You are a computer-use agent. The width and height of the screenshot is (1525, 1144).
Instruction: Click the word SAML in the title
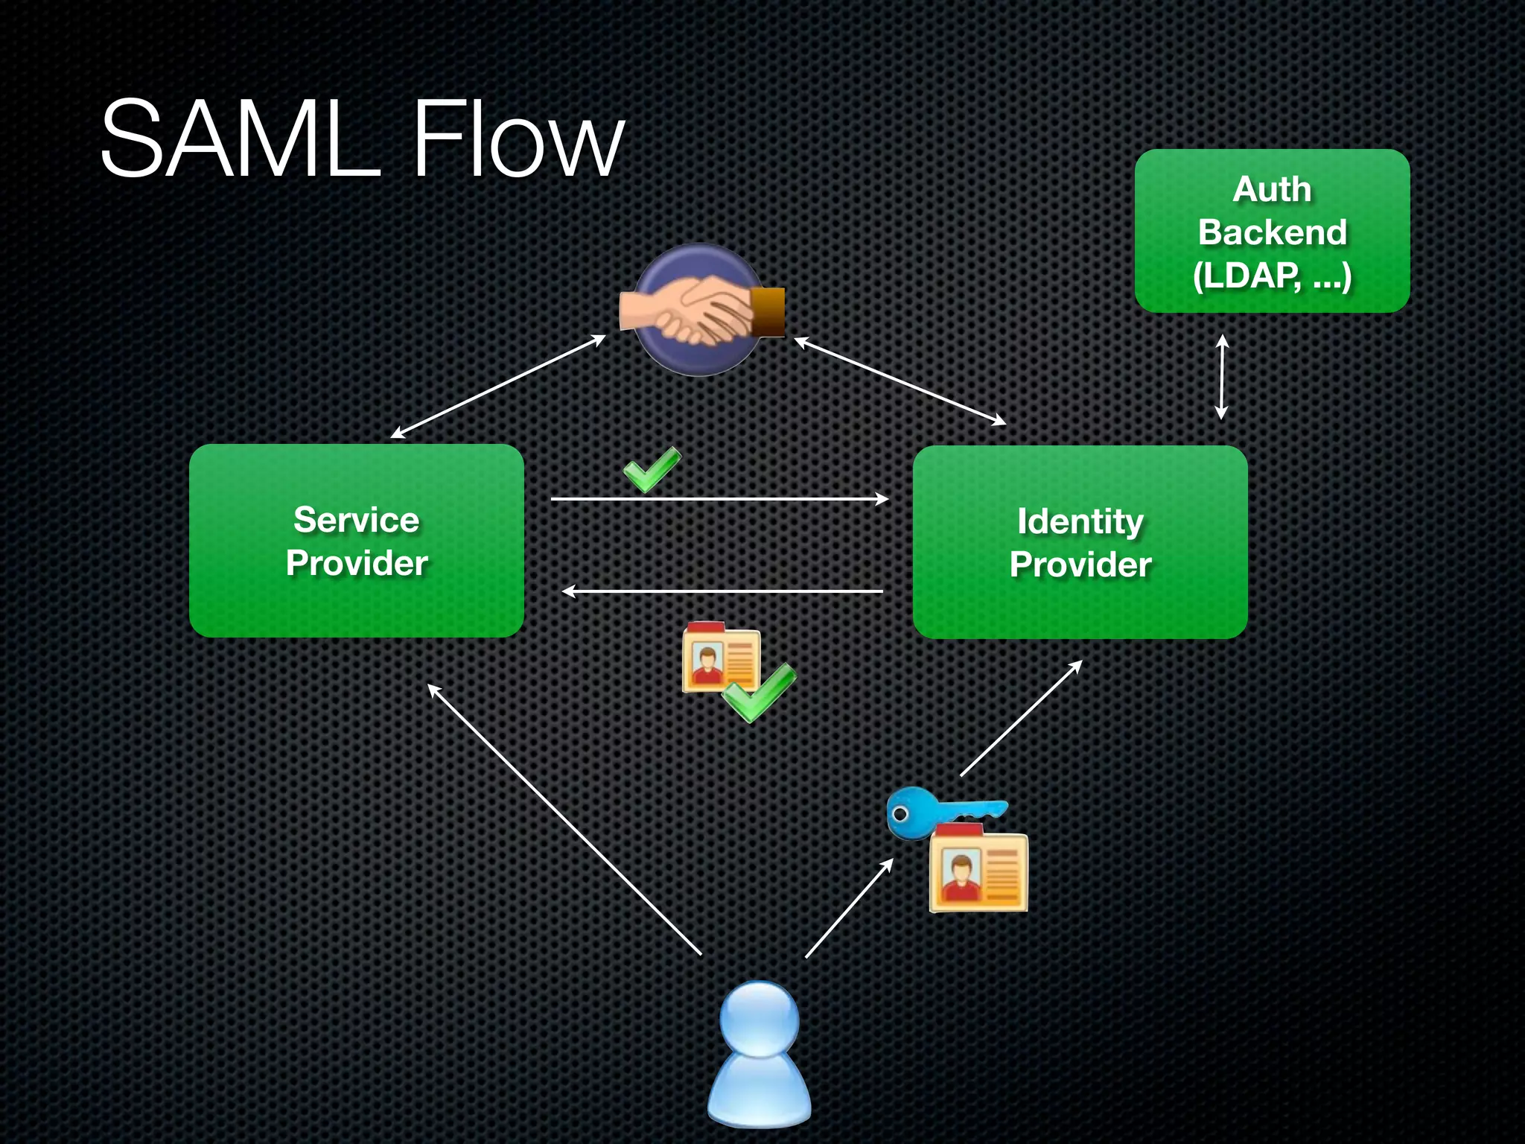point(240,139)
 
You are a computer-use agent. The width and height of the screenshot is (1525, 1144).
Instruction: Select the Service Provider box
point(357,541)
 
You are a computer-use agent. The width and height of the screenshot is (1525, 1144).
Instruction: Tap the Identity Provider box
point(1080,542)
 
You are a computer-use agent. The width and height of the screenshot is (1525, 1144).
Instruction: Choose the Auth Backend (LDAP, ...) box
point(1273,231)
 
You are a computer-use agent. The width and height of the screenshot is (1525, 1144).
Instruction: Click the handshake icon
point(701,310)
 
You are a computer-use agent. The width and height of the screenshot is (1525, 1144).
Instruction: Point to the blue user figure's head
point(760,1019)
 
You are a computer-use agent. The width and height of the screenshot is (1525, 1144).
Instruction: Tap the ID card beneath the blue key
point(978,868)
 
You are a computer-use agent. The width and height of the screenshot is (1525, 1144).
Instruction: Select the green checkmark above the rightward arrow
point(652,469)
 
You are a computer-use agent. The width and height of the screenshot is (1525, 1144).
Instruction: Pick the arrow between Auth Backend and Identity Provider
point(1222,377)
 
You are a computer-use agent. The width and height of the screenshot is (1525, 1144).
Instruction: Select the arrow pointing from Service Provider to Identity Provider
point(720,499)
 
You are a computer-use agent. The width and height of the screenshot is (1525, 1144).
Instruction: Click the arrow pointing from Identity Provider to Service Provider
point(722,591)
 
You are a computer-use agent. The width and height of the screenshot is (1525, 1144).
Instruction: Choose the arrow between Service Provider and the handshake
point(498,387)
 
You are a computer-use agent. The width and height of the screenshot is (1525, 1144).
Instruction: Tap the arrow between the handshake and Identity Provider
point(900,381)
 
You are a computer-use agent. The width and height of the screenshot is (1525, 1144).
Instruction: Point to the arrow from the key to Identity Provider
point(1021,718)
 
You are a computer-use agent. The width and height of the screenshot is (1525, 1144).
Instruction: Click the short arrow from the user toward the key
point(850,907)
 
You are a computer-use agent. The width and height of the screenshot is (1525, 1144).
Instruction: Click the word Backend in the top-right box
point(1273,232)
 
